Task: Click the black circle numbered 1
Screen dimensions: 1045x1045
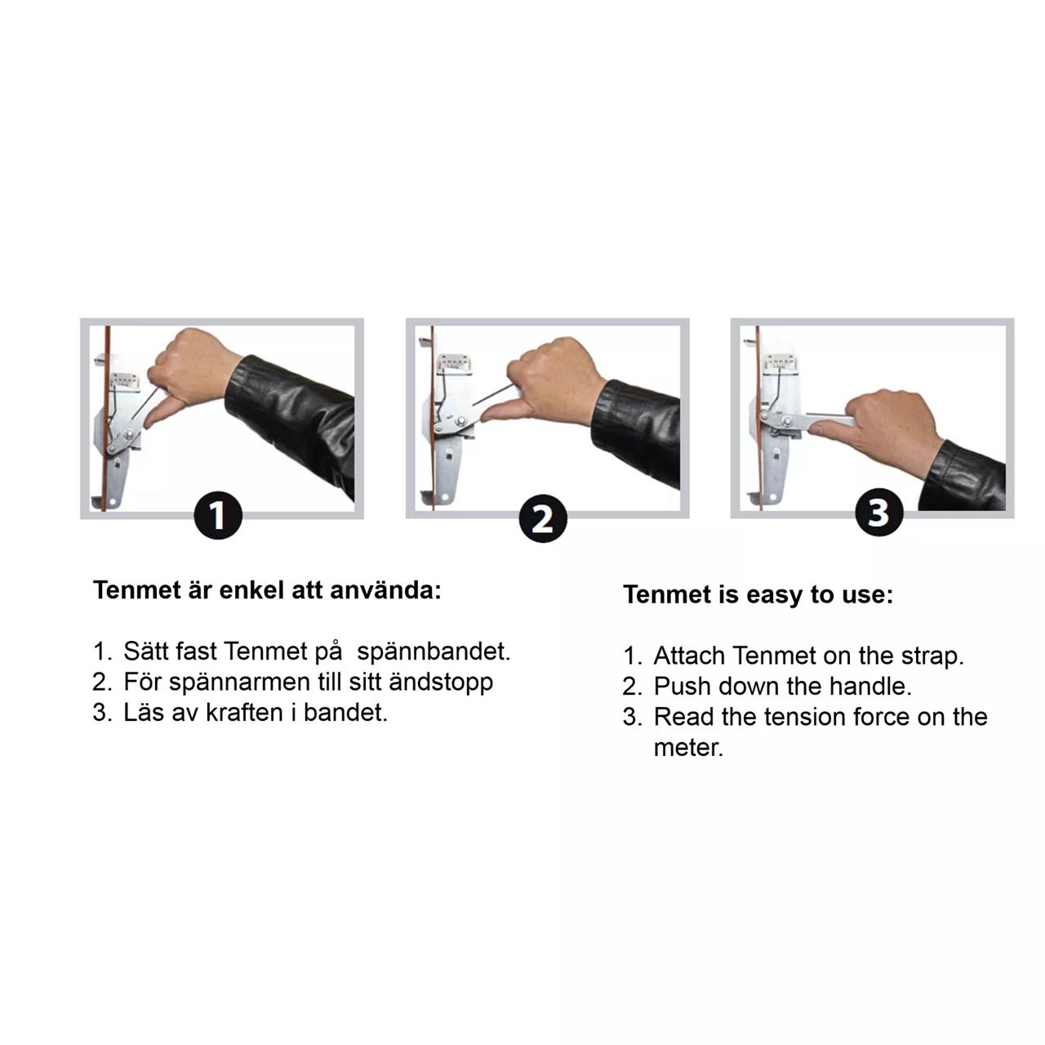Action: [218, 515]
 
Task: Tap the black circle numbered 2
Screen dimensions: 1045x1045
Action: [543, 518]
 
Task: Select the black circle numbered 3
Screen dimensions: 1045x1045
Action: [879, 512]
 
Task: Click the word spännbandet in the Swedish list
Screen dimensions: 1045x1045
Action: [434, 651]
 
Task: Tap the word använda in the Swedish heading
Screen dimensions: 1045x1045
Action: [385, 590]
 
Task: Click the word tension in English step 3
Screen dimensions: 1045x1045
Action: [805, 716]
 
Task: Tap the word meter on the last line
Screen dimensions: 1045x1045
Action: [688, 748]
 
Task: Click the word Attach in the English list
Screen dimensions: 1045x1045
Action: [689, 656]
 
